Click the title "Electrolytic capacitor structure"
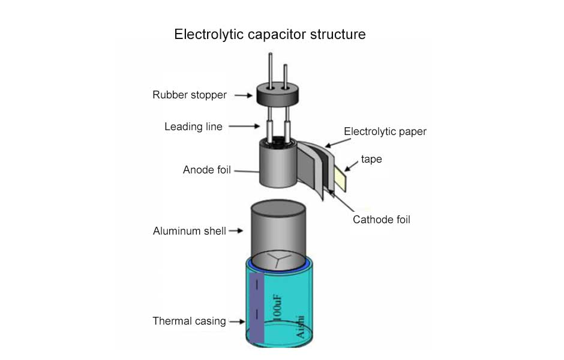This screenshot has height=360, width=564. coord(269,34)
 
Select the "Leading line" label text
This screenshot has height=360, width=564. coord(193,127)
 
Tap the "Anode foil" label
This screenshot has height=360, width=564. coord(206,170)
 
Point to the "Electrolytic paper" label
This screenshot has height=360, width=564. coord(385,131)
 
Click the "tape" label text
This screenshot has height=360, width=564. coord(371,159)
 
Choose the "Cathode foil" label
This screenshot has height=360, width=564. coord(381,220)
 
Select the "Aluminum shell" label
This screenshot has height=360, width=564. coord(189,231)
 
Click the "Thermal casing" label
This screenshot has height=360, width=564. coord(189,321)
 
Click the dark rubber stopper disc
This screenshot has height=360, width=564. coord(278,93)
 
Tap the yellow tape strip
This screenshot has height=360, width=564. coord(340,178)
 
